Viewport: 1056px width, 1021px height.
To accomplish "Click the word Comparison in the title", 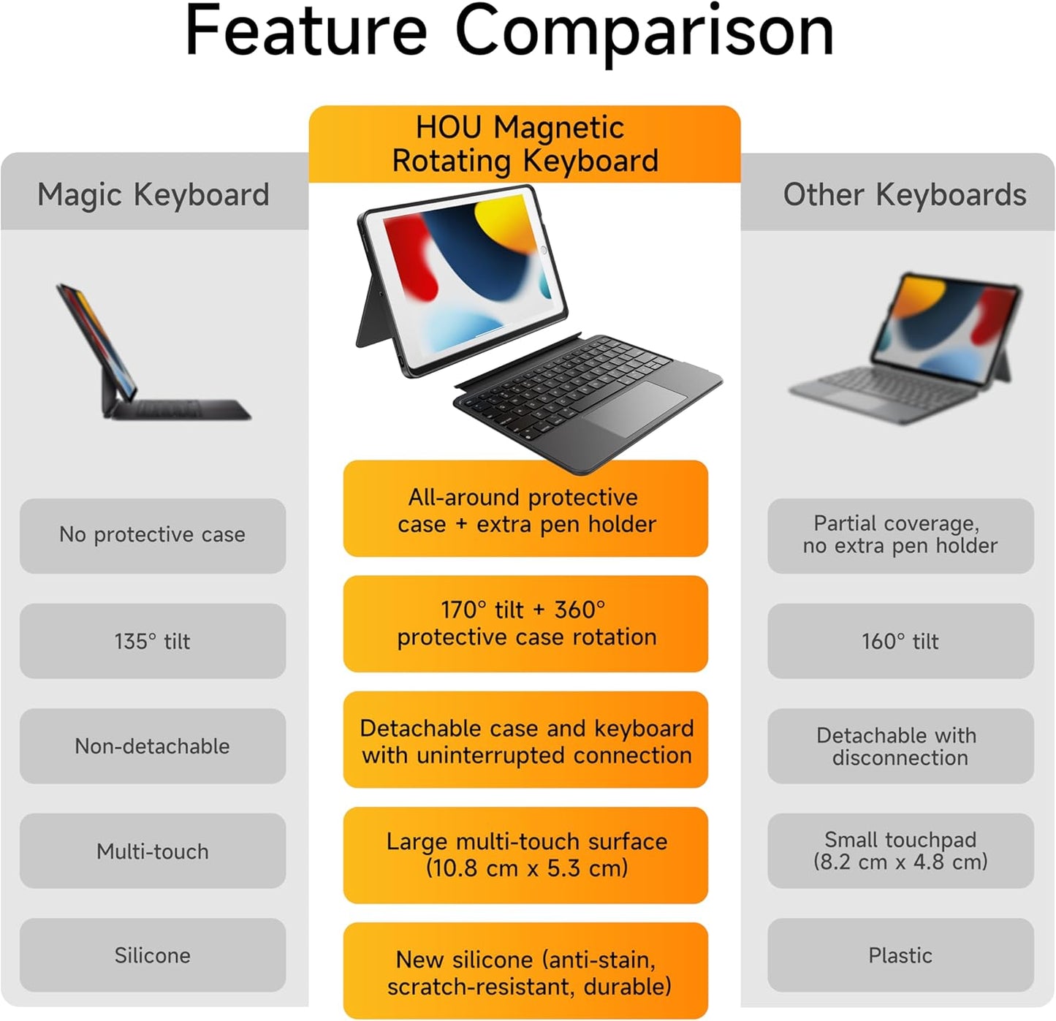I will pos(644,31).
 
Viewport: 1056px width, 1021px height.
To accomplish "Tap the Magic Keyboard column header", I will pos(153,194).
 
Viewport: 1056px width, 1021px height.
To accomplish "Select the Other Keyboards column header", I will pos(904,194).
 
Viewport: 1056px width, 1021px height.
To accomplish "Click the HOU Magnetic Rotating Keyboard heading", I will pos(525,144).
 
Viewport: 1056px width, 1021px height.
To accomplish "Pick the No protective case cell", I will pos(153,536).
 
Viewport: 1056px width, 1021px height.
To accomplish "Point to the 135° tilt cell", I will pos(153,641).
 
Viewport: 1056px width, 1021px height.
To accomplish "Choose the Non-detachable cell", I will pos(153,746).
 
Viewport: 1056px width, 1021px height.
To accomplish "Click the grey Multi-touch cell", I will pos(153,851).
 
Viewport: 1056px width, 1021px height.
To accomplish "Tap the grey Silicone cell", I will pos(153,955).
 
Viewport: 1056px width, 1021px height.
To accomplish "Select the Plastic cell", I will pos(900,955).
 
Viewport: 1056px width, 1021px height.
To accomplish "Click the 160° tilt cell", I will pos(900,641).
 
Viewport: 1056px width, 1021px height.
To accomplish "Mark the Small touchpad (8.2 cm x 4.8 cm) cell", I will pos(900,851).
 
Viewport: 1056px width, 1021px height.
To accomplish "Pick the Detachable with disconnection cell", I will pos(900,746).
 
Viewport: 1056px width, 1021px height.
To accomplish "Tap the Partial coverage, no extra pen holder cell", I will pos(900,536).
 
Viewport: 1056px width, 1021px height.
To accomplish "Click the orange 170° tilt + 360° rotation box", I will pos(525,623).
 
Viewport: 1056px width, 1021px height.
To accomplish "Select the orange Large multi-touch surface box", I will pos(525,855).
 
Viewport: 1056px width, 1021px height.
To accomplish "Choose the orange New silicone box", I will pos(525,971).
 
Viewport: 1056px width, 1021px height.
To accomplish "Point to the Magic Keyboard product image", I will pos(150,354).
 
